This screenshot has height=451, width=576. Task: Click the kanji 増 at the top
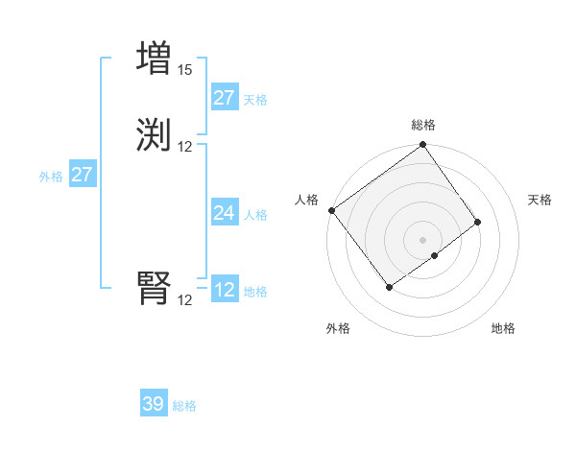click(x=155, y=59)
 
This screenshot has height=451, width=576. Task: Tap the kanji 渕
click(x=155, y=134)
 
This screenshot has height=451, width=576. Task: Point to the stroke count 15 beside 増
click(x=184, y=70)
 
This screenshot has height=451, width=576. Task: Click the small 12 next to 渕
click(x=184, y=146)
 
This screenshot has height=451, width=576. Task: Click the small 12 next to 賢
click(x=184, y=299)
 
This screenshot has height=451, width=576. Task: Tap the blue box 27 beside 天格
click(x=225, y=98)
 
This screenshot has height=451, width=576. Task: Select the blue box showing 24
click(x=225, y=213)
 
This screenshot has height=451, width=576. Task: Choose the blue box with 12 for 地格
click(x=225, y=290)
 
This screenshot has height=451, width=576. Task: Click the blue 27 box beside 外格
click(x=82, y=175)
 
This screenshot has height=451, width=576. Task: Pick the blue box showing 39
click(x=154, y=404)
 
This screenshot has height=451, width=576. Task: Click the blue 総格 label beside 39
click(x=184, y=406)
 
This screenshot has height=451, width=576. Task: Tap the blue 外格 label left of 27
click(x=51, y=177)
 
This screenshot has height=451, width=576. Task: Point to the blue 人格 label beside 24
click(x=256, y=215)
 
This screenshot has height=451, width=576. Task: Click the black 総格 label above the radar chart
click(x=423, y=125)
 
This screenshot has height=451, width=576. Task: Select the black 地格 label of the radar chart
click(x=503, y=328)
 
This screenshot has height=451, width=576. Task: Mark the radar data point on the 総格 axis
click(x=423, y=146)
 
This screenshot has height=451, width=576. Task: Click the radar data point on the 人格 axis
click(x=332, y=210)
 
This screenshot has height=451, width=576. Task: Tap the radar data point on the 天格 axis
click(x=477, y=222)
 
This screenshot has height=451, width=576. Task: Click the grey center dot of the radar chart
click(x=423, y=239)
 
